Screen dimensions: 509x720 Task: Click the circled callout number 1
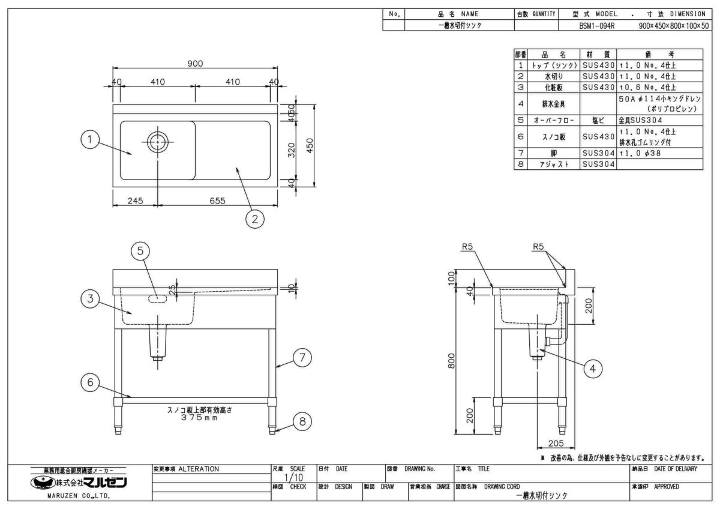[89, 140]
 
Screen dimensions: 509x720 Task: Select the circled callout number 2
[255, 219]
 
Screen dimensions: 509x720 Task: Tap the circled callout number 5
[140, 252]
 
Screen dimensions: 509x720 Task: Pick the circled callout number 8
[302, 421]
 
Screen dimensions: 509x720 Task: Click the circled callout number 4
[593, 369]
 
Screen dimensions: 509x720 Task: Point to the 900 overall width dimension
[196, 64]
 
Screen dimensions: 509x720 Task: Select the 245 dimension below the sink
[135, 201]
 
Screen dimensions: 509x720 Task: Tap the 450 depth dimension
[311, 146]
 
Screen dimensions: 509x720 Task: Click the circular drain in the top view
[157, 142]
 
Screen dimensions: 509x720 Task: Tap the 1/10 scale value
[290, 477]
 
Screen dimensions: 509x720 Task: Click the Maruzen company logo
[82, 483]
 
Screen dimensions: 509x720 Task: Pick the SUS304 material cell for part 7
[598, 154]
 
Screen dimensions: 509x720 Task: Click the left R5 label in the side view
[469, 247]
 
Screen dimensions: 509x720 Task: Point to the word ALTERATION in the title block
[199, 468]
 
